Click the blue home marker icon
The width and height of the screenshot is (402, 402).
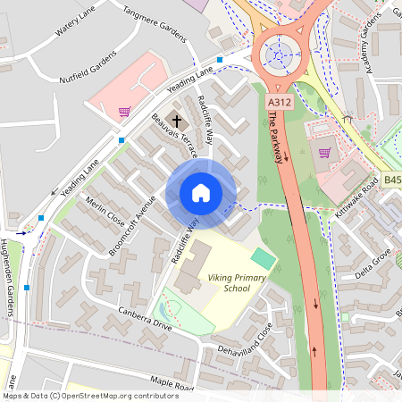201,193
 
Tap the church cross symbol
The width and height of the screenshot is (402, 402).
177,120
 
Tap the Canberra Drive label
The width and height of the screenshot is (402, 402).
146,319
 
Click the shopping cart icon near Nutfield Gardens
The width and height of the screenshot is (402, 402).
124,112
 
